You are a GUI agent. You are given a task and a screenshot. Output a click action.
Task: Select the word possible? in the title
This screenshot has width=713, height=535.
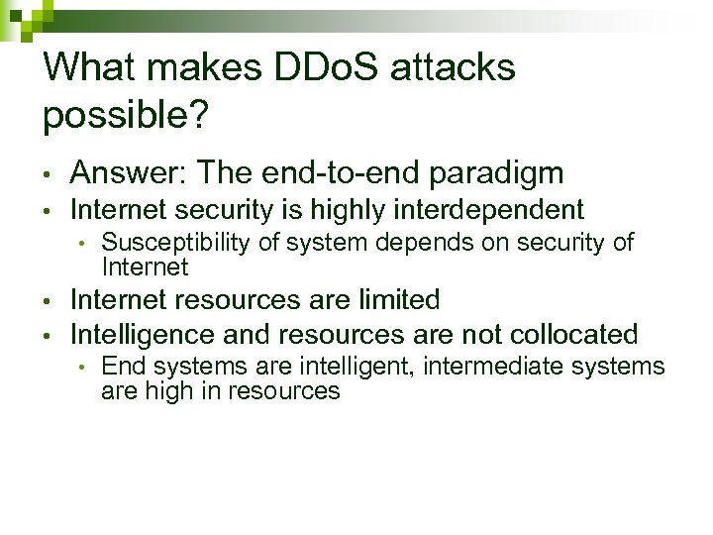126,116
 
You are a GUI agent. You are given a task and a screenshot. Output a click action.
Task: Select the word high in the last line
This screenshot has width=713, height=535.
166,390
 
